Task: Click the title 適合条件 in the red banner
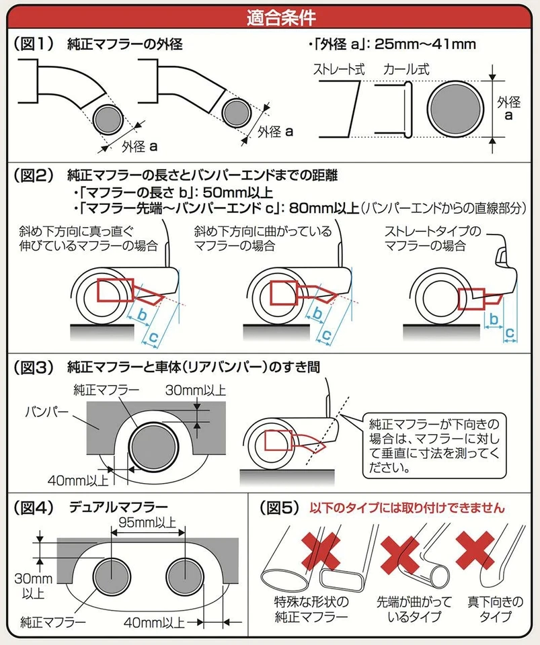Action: [270, 15]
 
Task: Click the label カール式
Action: [406, 69]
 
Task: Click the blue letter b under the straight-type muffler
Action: [493, 320]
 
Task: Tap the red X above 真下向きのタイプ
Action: [475, 548]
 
